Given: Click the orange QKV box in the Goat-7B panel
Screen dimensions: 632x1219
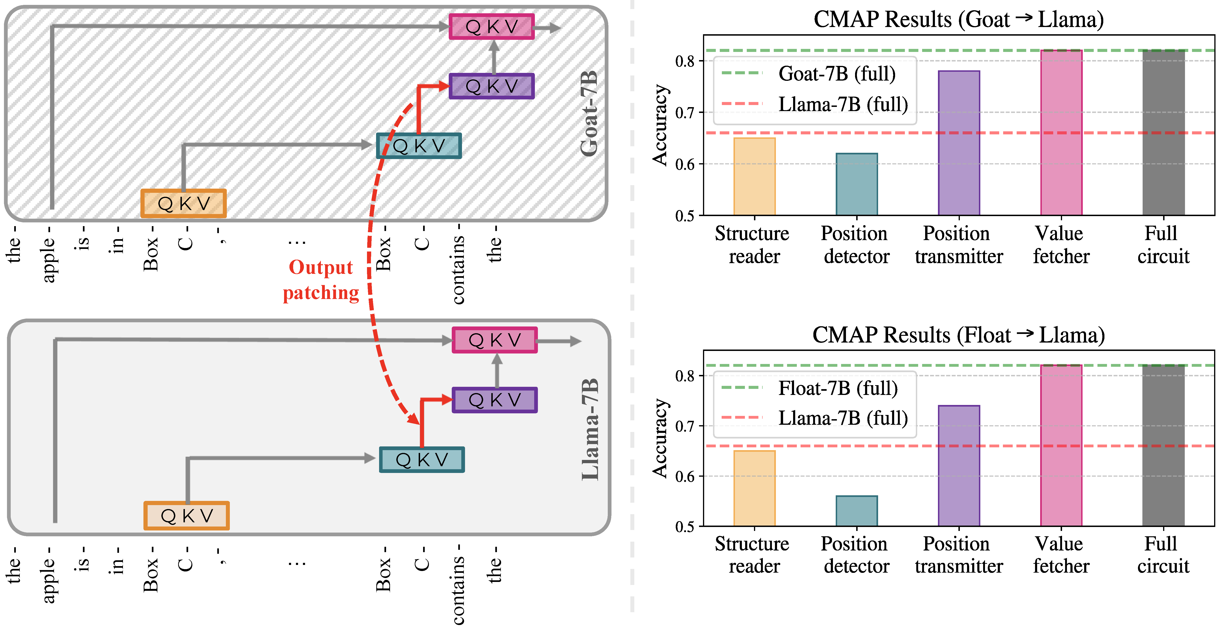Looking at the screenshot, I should coord(184,204).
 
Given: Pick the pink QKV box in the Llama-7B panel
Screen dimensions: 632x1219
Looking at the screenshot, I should coord(495,340).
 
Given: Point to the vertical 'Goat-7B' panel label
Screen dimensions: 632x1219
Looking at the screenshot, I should coord(589,114).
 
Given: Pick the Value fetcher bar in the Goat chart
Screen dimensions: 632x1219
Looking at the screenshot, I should coord(1061,133).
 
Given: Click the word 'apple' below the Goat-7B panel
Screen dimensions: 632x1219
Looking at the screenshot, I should coord(49,259).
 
